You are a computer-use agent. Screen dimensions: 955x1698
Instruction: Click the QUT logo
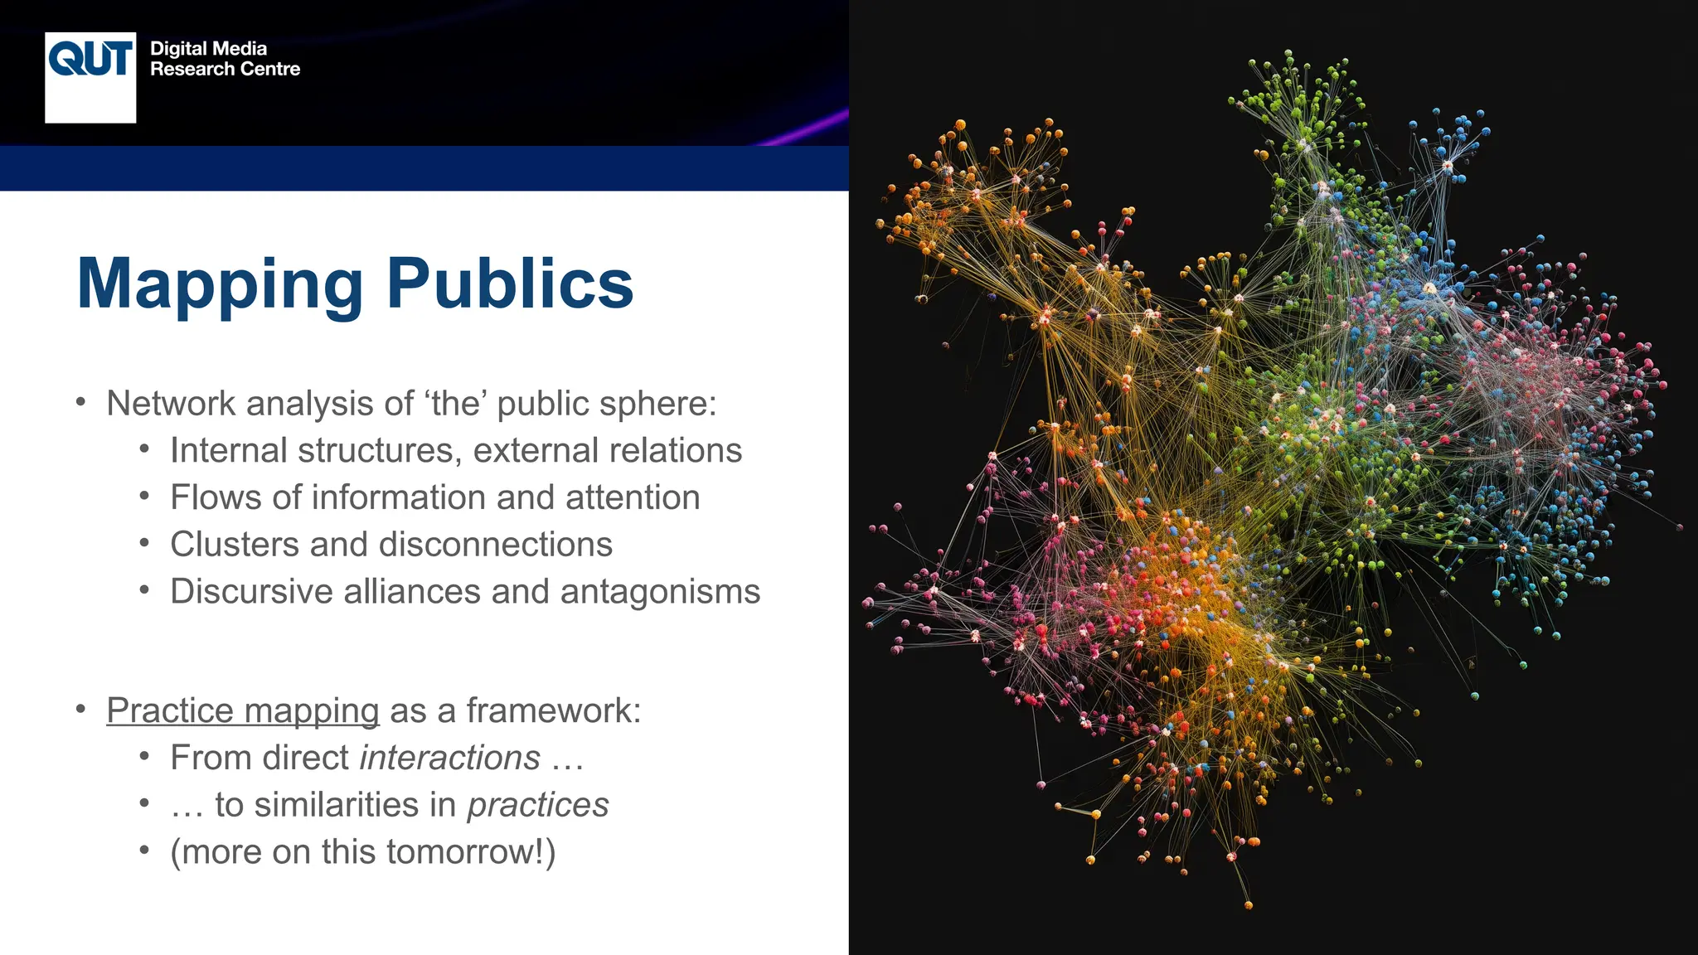click(90, 77)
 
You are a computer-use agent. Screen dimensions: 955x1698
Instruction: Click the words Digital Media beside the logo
click(208, 49)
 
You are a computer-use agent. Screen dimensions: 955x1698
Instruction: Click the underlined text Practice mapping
click(243, 710)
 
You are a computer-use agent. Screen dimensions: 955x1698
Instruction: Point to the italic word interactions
click(450, 758)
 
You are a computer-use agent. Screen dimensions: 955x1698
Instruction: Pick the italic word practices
click(538, 805)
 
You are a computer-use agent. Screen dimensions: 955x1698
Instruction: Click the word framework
click(553, 710)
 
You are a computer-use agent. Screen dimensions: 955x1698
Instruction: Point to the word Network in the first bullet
click(172, 404)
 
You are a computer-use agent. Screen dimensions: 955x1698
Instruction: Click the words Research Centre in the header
click(225, 70)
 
